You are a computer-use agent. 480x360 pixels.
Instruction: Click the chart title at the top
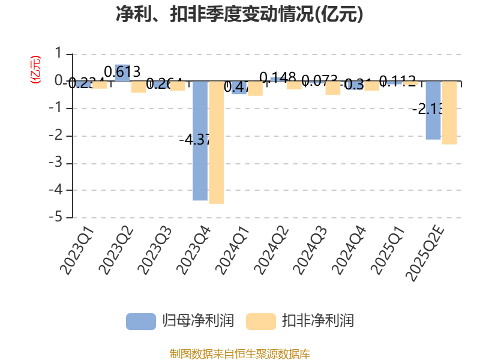pyautogui.click(x=239, y=14)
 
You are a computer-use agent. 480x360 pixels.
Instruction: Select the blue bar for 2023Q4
pyautogui.click(x=200, y=141)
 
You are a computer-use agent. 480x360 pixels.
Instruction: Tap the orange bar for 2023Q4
pyautogui.click(x=216, y=143)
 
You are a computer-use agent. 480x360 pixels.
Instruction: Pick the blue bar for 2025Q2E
pyautogui.click(x=433, y=110)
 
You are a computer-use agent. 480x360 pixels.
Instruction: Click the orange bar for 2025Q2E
pyautogui.click(x=449, y=113)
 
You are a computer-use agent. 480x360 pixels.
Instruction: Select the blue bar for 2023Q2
pyautogui.click(x=122, y=73)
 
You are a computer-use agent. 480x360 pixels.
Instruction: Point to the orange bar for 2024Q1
pyautogui.click(x=255, y=89)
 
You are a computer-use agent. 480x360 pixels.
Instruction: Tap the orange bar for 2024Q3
pyautogui.click(x=333, y=88)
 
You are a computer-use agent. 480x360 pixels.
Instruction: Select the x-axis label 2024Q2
pyautogui.click(x=274, y=251)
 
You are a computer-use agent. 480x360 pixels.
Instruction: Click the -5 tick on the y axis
pyautogui.click(x=58, y=217)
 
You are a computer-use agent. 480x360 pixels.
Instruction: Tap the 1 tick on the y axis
pyautogui.click(x=58, y=54)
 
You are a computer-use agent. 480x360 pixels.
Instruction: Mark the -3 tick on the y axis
pyautogui.click(x=58, y=163)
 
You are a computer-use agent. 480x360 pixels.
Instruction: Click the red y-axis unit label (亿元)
pyautogui.click(x=35, y=69)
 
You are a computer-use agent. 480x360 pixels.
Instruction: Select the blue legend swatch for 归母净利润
pyautogui.click(x=140, y=321)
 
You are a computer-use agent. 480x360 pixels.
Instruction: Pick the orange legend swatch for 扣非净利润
pyautogui.click(x=260, y=321)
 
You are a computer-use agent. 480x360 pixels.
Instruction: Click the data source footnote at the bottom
pyautogui.click(x=239, y=353)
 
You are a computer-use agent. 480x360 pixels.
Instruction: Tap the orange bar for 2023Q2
pyautogui.click(x=139, y=87)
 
